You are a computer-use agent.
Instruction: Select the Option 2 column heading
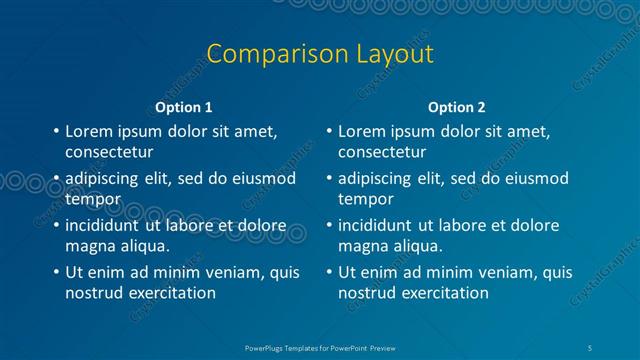[457, 107]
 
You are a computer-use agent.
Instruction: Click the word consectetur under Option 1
[109, 153]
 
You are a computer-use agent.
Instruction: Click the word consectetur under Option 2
[382, 153]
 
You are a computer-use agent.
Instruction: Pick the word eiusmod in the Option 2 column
[534, 179]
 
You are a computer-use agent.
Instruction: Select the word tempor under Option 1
[93, 199]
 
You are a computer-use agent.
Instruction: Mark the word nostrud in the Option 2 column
[366, 293]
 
